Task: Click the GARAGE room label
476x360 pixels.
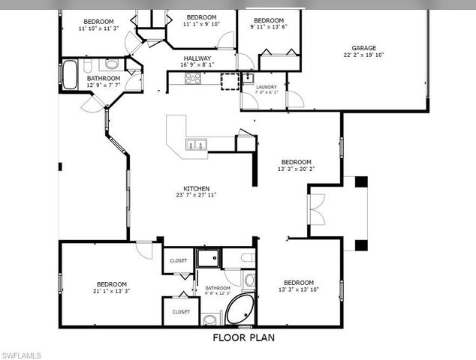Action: point(363,48)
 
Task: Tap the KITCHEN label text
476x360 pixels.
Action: point(197,188)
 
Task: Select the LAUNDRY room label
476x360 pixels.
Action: point(267,87)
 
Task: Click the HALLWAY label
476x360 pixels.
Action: point(196,58)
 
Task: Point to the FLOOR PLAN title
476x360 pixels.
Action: point(243,337)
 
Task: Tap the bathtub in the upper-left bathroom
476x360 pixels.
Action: point(70,74)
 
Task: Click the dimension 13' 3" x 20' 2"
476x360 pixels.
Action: point(296,169)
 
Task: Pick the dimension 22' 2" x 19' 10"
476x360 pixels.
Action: point(363,55)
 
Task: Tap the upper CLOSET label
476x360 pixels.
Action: point(179,260)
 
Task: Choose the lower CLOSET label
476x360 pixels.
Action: point(180,311)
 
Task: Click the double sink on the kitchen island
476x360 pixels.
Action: point(197,145)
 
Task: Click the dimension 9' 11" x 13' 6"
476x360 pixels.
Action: point(268,27)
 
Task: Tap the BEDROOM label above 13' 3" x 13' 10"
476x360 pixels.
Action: point(299,282)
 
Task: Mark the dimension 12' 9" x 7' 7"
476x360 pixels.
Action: point(103,85)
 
